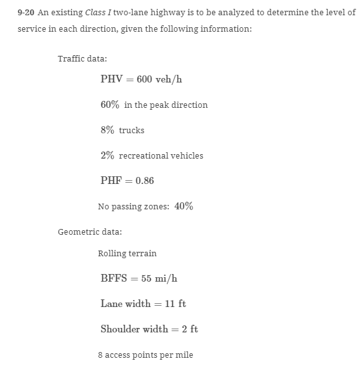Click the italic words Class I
99,12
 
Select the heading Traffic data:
83,58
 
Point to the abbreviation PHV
112,79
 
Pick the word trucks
131,130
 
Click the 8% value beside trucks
107,130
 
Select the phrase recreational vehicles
161,155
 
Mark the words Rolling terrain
127,253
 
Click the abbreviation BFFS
114,278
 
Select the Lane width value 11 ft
175,304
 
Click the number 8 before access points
100,355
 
